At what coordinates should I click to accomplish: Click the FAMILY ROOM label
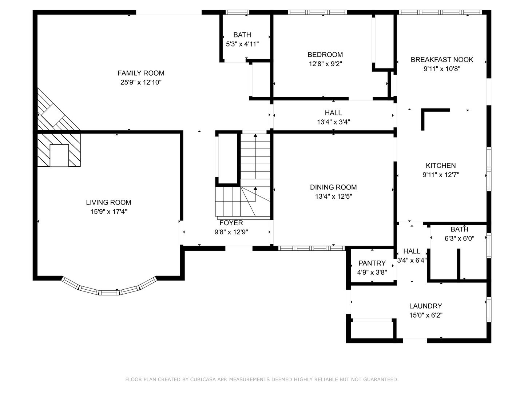[x=141, y=73]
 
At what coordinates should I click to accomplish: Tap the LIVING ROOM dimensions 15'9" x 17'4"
[x=108, y=212]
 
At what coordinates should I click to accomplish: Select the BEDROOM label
[x=325, y=55]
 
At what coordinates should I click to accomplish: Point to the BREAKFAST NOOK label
[x=442, y=60]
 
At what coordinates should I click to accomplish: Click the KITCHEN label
[x=441, y=166]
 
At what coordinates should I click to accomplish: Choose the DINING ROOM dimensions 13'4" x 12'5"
[x=333, y=196]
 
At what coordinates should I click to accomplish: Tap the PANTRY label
[x=372, y=263]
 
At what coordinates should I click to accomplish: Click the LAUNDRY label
[x=426, y=306]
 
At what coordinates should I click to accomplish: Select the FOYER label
[x=231, y=223]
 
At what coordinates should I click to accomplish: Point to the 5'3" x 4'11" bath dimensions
[x=242, y=44]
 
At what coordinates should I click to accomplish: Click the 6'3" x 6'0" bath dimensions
[x=459, y=238]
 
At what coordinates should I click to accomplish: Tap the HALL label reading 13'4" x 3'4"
[x=333, y=113]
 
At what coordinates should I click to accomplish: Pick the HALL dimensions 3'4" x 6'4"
[x=412, y=260]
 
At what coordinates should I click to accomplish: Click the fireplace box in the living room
[x=59, y=155]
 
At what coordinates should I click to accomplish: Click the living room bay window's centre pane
[x=109, y=293]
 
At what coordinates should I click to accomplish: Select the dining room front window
[x=311, y=249]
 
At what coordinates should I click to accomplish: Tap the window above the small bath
[x=237, y=12]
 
